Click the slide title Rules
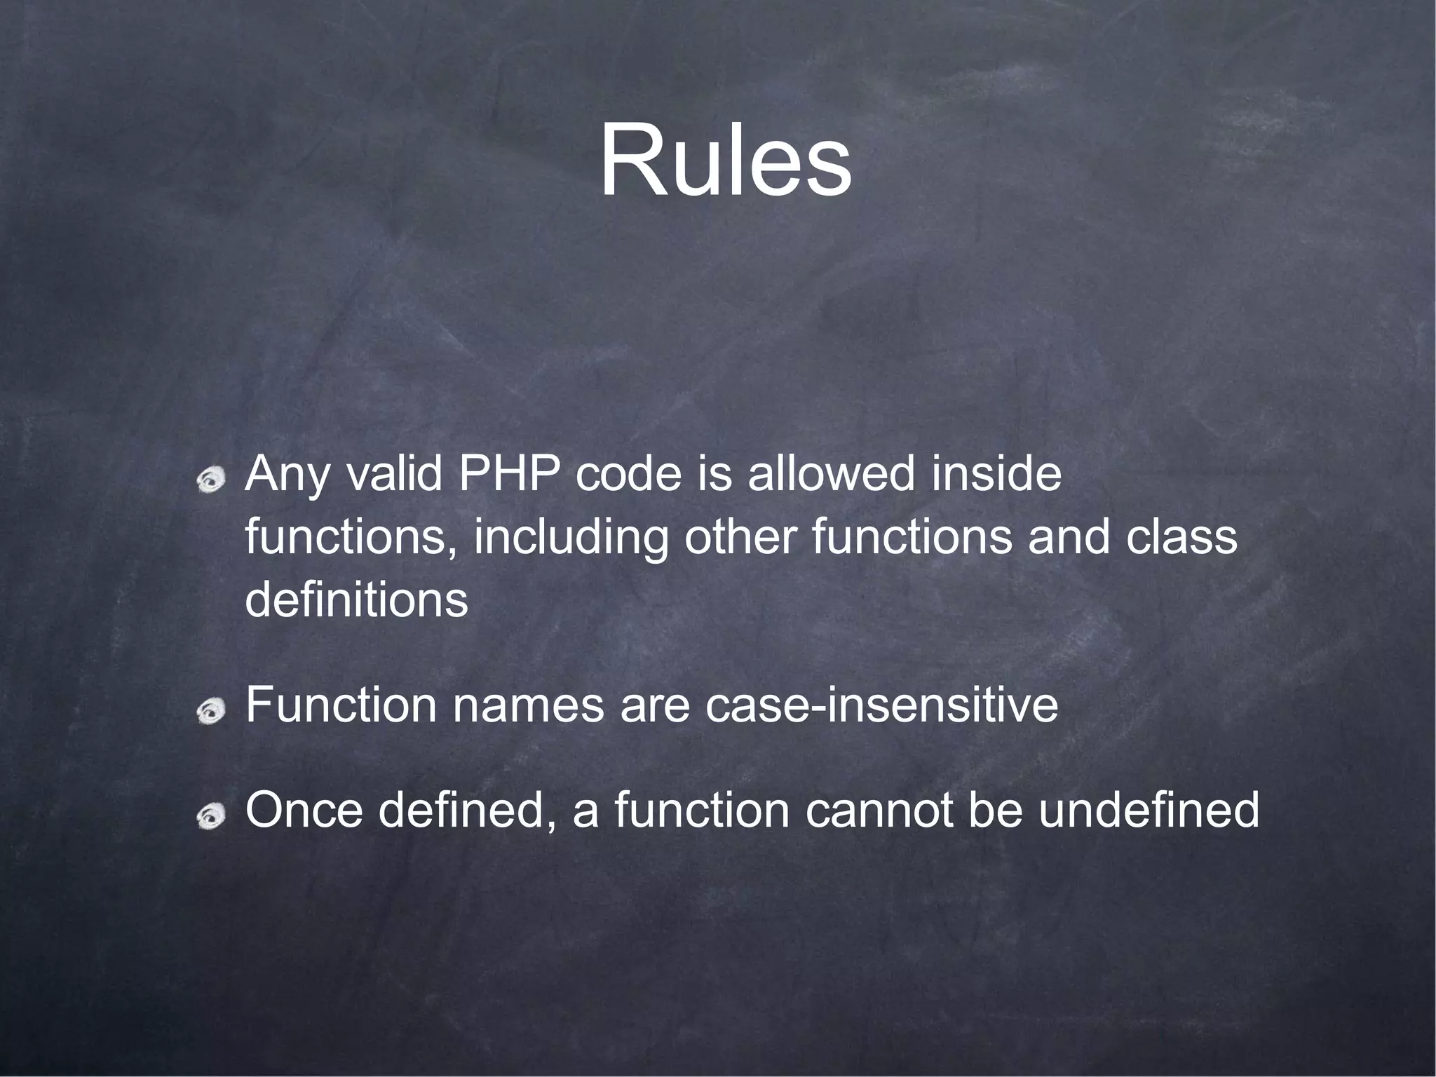click(x=725, y=161)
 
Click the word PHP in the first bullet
click(x=509, y=475)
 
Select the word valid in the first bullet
click(x=394, y=475)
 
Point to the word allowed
click(x=832, y=475)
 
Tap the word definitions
click(x=356, y=600)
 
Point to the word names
click(x=528, y=706)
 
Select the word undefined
click(x=1149, y=810)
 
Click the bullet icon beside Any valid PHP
click(x=210, y=481)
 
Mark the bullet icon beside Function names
click(x=210, y=712)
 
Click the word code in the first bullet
click(x=628, y=475)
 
